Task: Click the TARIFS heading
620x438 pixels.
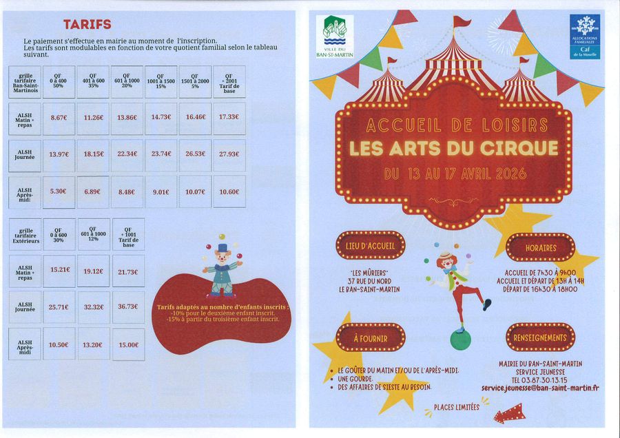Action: tap(87, 25)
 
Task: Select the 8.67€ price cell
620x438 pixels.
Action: tap(59, 118)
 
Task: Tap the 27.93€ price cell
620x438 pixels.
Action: tap(229, 154)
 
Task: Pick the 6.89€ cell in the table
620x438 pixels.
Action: tap(92, 191)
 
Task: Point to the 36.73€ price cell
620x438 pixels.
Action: tap(128, 306)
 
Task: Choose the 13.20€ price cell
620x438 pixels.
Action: tap(93, 344)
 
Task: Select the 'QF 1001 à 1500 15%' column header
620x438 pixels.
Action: tap(161, 81)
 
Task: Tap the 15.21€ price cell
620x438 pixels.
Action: tap(59, 269)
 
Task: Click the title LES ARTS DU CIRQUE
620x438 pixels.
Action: tap(453, 148)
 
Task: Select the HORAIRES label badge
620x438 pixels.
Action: tap(540, 247)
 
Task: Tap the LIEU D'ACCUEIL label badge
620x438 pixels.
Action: tap(371, 245)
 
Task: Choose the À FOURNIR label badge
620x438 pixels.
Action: tap(371, 339)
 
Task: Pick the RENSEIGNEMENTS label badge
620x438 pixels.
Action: tap(540, 338)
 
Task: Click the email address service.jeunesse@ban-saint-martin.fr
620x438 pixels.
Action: tap(540, 388)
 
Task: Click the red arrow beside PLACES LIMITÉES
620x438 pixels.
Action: tap(508, 413)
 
